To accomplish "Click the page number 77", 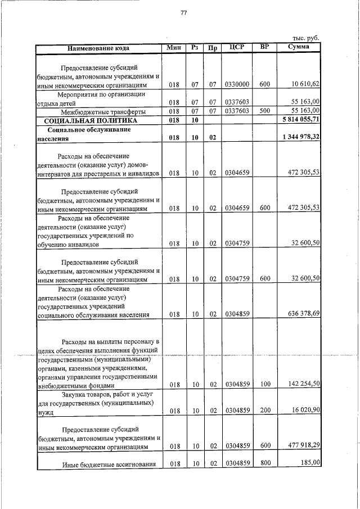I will click(x=183, y=13).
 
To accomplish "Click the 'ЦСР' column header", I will click(x=237, y=47).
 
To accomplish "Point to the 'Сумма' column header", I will click(x=298, y=47).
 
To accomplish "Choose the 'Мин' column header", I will click(x=174, y=47).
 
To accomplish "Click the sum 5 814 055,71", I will click(x=301, y=120).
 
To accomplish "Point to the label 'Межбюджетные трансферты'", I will click(x=103, y=111).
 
